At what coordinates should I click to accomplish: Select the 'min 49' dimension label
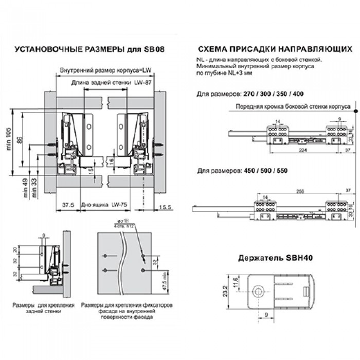pos(26,187)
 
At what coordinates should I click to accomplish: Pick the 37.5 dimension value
pos(67,205)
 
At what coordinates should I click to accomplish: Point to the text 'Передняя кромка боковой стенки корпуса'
pos(290,106)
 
